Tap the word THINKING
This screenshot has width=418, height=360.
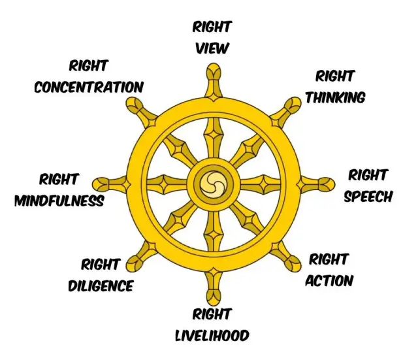click(x=335, y=97)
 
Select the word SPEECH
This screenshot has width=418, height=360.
click(x=368, y=196)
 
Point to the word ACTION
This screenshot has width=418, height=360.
click(x=330, y=280)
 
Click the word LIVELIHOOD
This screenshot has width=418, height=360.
click(x=212, y=335)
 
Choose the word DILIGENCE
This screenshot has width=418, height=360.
click(x=101, y=286)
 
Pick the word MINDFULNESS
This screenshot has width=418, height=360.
click(x=59, y=200)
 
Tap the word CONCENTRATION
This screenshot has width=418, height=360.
click(x=88, y=86)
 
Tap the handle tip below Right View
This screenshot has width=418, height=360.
click(x=212, y=71)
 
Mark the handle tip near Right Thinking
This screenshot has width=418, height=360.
click(x=291, y=103)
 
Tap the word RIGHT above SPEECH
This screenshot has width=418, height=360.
click(x=368, y=175)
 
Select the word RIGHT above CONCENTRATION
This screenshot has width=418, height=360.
click(x=88, y=65)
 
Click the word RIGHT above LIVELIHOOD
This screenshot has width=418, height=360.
click(x=212, y=314)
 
